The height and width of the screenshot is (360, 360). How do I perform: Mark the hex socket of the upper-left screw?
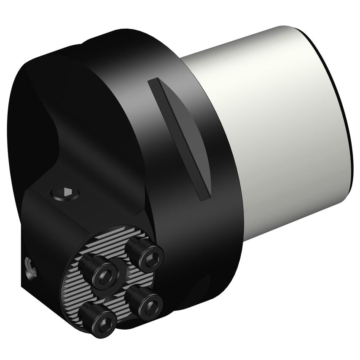click(104, 277)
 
